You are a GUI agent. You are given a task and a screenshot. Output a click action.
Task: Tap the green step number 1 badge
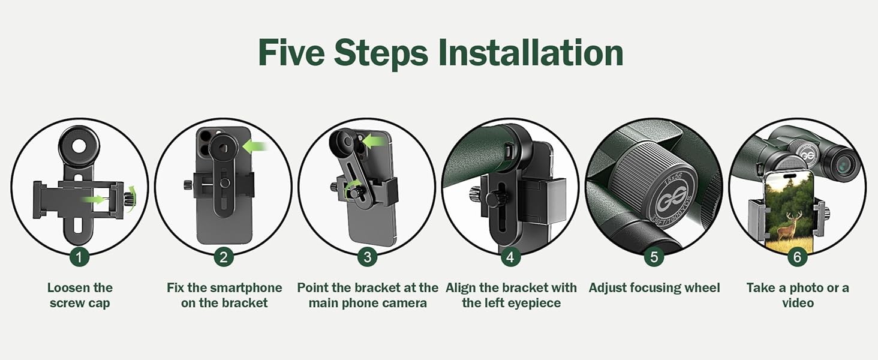79,257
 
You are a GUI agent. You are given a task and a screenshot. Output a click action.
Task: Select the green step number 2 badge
223,257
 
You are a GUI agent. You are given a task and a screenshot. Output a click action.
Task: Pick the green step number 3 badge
367,257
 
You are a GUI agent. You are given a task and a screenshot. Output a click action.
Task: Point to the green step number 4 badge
510,257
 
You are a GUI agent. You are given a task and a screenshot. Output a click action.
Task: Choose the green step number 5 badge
654,257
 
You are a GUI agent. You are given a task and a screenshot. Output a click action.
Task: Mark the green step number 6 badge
797,257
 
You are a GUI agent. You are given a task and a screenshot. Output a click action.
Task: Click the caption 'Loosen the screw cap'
80,295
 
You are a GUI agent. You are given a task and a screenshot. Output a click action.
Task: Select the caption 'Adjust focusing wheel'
654,288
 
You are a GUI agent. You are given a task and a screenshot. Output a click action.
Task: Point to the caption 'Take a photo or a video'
797,295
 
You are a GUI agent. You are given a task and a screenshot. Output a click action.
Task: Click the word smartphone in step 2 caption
248,288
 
